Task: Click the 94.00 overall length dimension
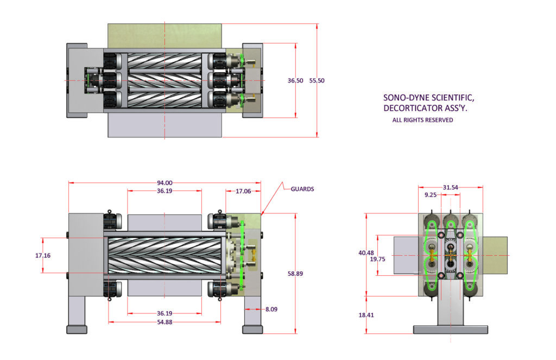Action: [x=165, y=183]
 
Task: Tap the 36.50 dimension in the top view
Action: [x=295, y=80]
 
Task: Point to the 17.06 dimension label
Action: [x=243, y=191]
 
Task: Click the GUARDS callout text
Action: [x=302, y=189]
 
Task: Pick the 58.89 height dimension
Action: [x=295, y=274]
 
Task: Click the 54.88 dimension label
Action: [x=165, y=323]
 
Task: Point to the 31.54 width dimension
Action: [x=450, y=187]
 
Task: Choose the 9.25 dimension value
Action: [x=431, y=194]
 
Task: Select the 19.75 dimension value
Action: [x=384, y=259]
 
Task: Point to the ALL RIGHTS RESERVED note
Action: [x=422, y=120]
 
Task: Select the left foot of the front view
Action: [x=77, y=329]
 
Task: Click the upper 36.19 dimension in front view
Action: [x=165, y=191]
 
